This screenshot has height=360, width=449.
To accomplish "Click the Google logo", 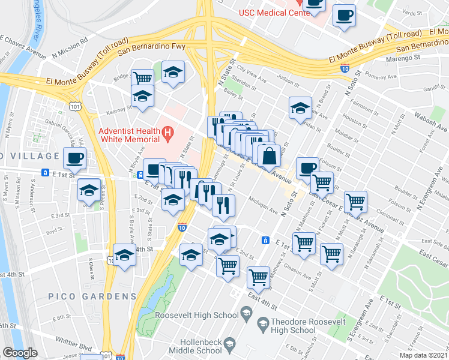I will (20, 353).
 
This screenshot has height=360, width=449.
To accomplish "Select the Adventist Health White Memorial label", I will (130, 135).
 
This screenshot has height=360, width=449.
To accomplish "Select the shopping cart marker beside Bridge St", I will (143, 79).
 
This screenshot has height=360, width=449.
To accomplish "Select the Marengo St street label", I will (403, 58).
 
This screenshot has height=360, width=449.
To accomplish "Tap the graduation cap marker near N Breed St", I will (300, 108).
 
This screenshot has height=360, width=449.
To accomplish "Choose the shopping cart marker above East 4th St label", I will (258, 277).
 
